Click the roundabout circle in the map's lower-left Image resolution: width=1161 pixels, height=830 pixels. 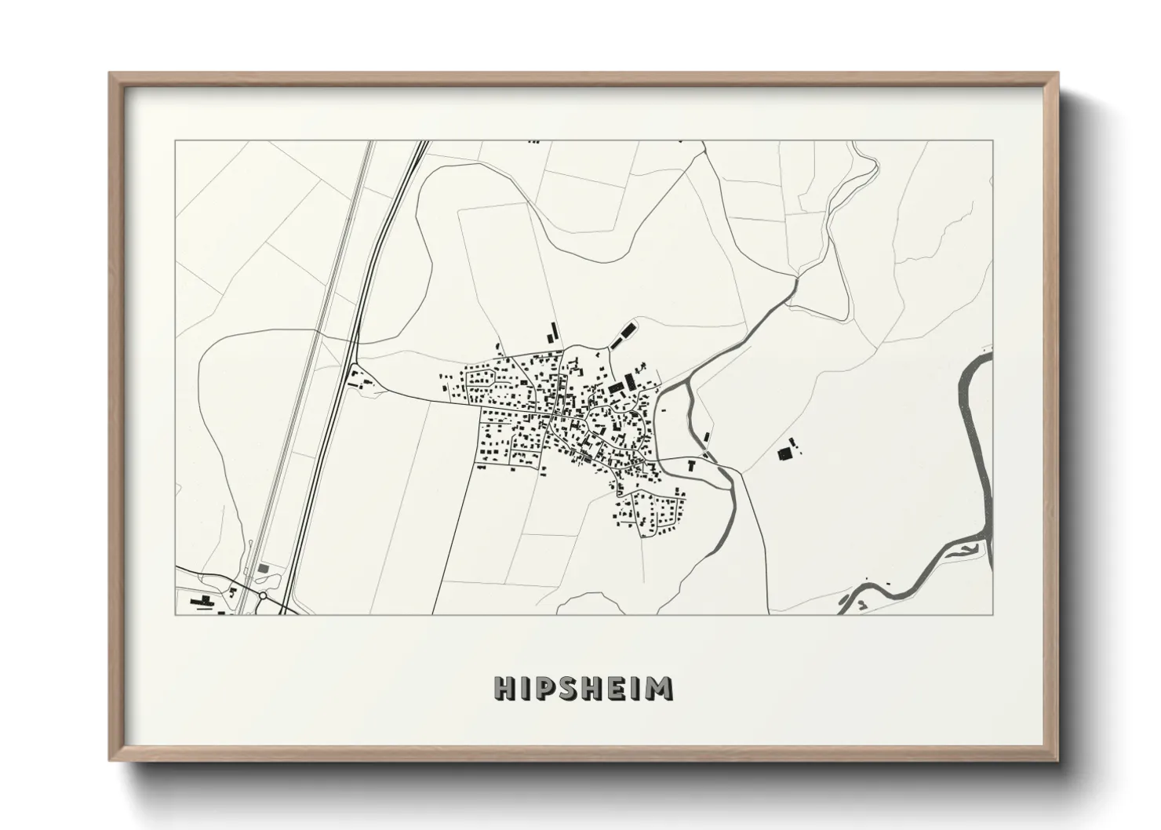tap(262, 599)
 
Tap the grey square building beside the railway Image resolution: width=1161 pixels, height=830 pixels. tap(262, 566)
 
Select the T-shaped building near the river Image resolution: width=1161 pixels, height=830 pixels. tap(691, 465)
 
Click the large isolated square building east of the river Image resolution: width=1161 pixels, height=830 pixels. tap(783, 454)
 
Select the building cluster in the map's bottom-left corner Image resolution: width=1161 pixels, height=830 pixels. tap(202, 602)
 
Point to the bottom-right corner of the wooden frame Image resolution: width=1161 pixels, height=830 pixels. tap(1057, 760)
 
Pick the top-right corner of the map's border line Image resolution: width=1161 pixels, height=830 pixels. tap(992, 141)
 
